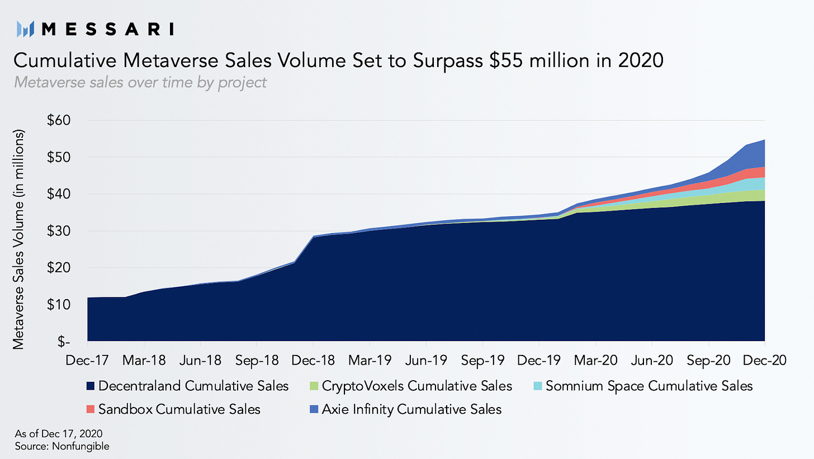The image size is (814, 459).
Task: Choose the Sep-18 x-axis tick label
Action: tap(257, 359)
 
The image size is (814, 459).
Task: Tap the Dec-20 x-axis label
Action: tap(764, 359)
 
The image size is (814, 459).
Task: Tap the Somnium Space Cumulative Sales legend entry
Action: tap(649, 386)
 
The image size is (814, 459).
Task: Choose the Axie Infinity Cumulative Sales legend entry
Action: tap(411, 409)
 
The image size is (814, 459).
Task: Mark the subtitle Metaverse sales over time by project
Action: tap(139, 83)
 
